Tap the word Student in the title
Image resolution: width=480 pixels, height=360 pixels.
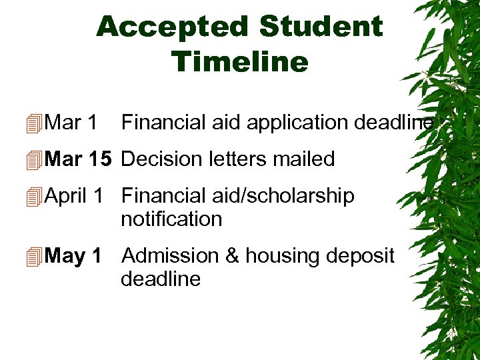[x=321, y=27]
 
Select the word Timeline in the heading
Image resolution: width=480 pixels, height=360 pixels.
[x=240, y=62]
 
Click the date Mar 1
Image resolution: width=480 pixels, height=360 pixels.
[x=72, y=123]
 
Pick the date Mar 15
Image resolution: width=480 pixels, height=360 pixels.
[x=79, y=159]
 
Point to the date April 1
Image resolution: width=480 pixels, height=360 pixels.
[x=73, y=196]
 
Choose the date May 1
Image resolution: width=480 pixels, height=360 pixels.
[x=73, y=255]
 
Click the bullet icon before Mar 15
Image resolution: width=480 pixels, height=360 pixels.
[x=35, y=160]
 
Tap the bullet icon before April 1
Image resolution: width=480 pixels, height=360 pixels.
[x=35, y=197]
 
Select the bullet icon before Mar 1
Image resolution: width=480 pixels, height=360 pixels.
[x=35, y=123]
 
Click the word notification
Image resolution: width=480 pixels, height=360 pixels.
[x=171, y=219]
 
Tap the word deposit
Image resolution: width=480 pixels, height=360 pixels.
[x=361, y=257]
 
